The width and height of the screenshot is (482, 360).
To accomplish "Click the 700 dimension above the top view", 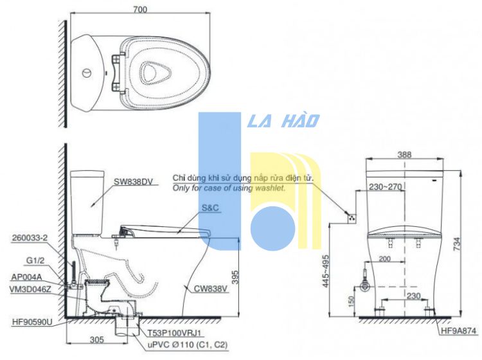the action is (x=140, y=10).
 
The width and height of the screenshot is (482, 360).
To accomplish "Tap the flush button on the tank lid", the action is (x=87, y=73).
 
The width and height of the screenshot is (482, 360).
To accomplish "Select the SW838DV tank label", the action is (x=133, y=182).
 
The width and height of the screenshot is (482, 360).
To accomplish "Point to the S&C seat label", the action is (x=210, y=208).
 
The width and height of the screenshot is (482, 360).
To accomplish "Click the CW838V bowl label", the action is (x=211, y=289).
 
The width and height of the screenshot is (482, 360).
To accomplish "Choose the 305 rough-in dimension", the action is (x=97, y=339).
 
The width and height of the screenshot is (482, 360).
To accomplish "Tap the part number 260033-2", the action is (x=30, y=238).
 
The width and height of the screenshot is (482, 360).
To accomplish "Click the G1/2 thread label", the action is (x=35, y=261).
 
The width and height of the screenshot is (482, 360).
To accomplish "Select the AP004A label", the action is (x=26, y=277).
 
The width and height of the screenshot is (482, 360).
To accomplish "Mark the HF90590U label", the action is (x=32, y=322).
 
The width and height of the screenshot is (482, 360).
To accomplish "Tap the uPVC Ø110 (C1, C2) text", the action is (x=188, y=345).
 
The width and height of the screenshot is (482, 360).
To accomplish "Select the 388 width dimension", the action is (x=404, y=155).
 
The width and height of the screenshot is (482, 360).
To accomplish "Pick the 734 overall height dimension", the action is (x=457, y=244).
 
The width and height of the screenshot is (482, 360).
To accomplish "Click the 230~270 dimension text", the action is (x=385, y=186).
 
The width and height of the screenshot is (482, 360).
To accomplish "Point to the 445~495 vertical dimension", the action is (x=326, y=271).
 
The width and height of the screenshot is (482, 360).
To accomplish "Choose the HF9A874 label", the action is (x=459, y=330).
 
